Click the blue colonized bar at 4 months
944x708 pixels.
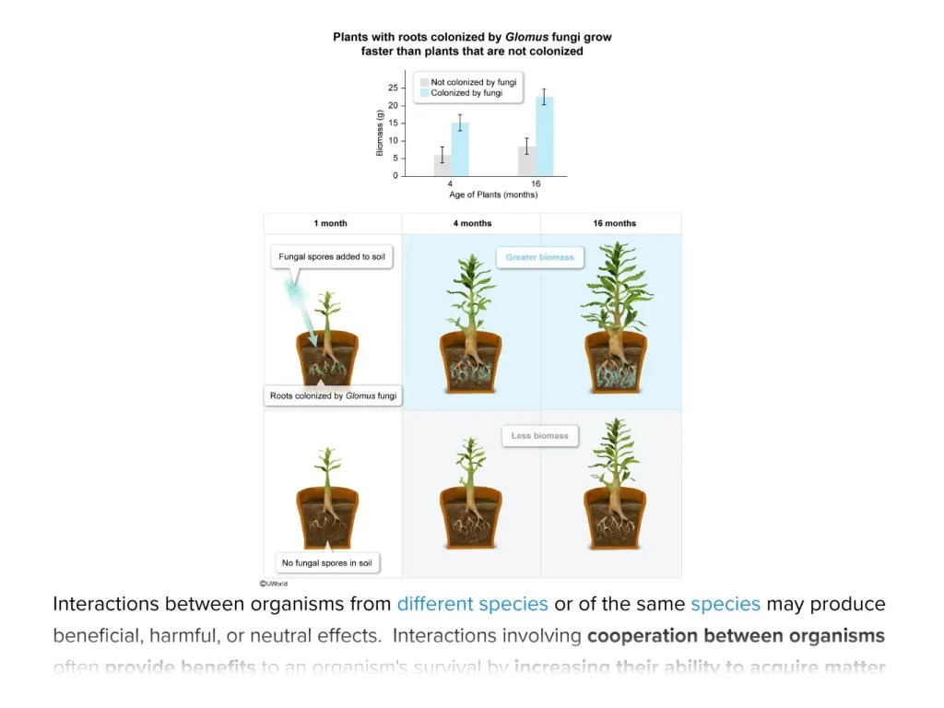[459, 150]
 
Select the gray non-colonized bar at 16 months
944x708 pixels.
[526, 161]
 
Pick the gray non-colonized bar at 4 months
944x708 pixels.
[442, 166]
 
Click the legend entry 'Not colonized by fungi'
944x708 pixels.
[473, 82]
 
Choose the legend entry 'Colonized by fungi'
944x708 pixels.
[466, 93]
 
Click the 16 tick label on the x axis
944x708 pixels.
[536, 184]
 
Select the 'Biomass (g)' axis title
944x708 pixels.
[380, 132]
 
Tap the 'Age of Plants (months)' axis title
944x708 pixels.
[493, 195]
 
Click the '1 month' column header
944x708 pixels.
[330, 223]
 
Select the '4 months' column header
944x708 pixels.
[471, 223]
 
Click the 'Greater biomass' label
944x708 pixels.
[539, 257]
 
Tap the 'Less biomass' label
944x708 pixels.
[539, 435]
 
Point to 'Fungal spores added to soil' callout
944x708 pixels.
[332, 256]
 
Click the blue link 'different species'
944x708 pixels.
[472, 605]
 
